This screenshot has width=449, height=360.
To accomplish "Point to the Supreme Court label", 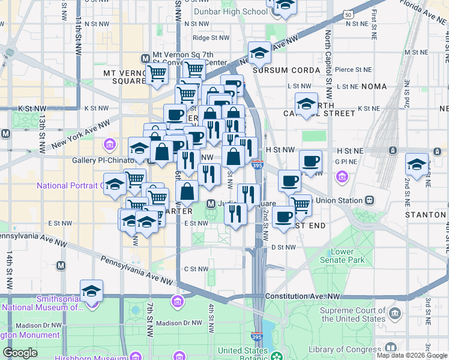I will point(352,314).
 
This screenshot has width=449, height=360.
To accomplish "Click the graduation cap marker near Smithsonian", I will point(91,291).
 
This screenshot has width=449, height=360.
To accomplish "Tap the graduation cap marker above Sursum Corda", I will point(259,53).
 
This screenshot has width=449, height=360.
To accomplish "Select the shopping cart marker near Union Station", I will point(300,204).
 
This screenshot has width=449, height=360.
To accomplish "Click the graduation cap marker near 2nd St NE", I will point(417,163).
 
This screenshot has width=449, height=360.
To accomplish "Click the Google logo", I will point(20,353).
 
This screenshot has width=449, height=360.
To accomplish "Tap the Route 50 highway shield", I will point(349,14).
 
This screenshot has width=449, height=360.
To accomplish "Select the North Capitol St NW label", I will point(328,66).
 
